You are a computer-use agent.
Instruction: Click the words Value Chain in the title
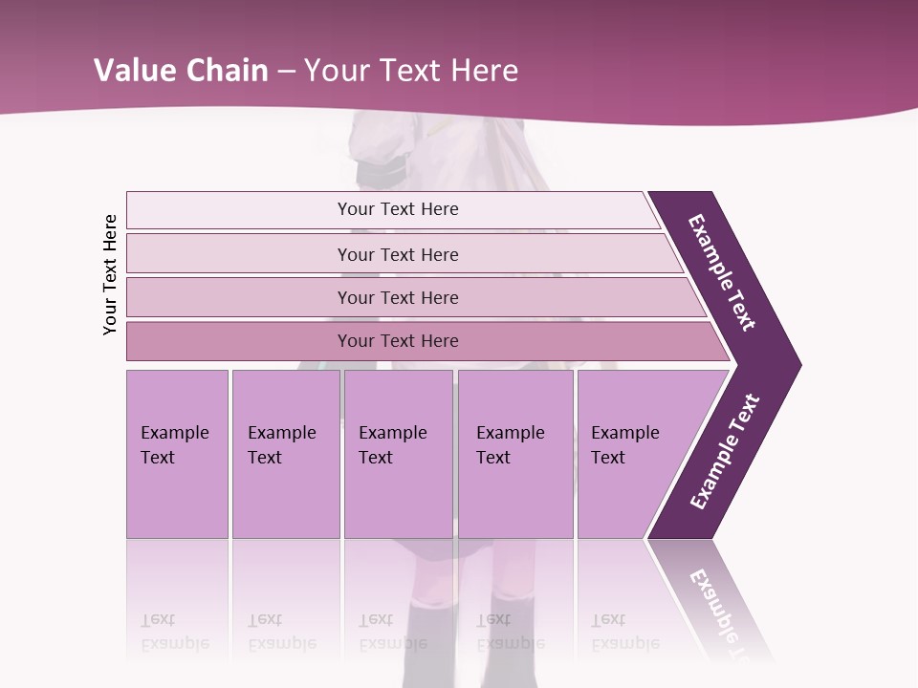(x=181, y=70)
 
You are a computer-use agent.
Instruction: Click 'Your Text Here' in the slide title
(x=411, y=70)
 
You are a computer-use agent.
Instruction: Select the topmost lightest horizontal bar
(x=392, y=209)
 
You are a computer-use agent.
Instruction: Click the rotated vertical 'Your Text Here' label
(x=110, y=275)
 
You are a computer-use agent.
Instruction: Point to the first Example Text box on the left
(x=177, y=453)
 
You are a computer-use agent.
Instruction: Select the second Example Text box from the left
(x=285, y=453)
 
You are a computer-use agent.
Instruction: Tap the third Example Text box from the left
(x=397, y=453)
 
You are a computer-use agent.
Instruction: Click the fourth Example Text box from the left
(x=514, y=453)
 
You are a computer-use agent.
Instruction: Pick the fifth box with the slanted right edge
(x=631, y=453)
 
